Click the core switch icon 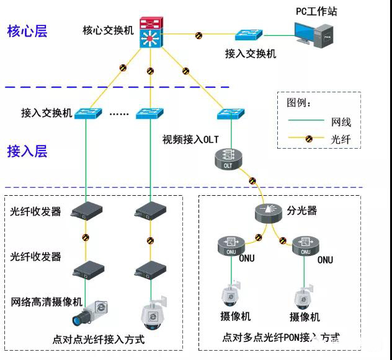tap(149, 32)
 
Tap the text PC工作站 tap(316, 11)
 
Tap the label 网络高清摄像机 tap(47, 302)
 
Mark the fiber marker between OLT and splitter tap(252, 182)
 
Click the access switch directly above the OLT tap(231, 114)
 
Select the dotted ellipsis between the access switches tap(118, 114)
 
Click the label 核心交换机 tap(107, 30)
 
